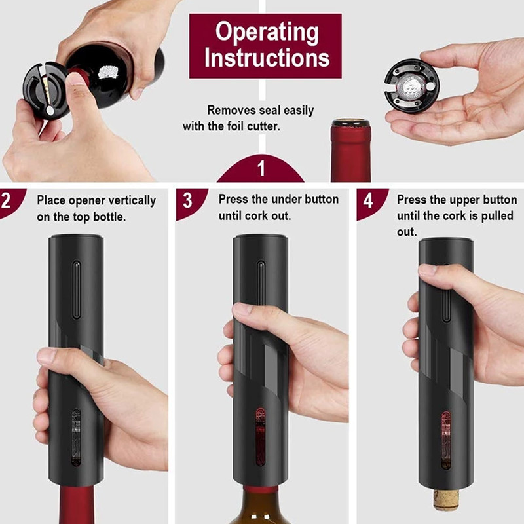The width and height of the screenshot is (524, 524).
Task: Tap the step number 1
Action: [x=261, y=170]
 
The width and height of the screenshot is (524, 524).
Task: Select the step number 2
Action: [x=7, y=200]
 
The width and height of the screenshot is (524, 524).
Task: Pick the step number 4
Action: [x=369, y=200]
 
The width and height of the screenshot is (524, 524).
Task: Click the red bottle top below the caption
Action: [x=350, y=151]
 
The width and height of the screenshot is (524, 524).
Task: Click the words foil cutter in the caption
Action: [x=253, y=126]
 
